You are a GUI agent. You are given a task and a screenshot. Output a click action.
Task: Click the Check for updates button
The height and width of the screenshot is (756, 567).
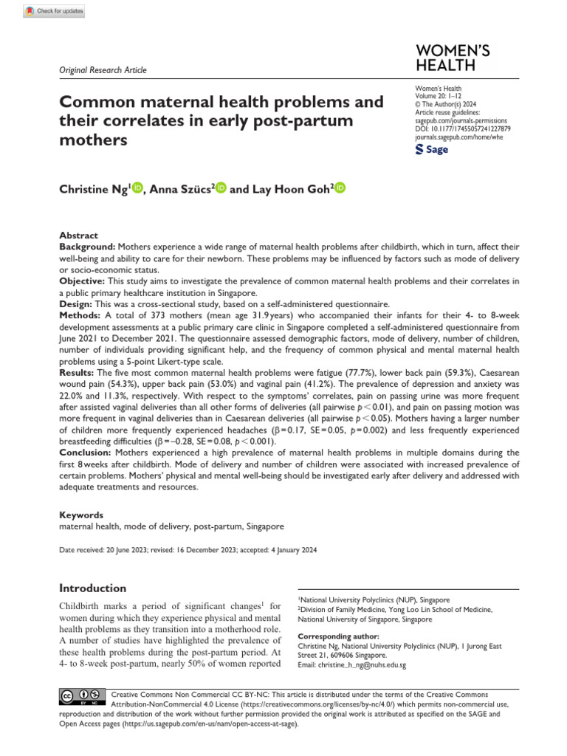pyautogui.click(x=55, y=11)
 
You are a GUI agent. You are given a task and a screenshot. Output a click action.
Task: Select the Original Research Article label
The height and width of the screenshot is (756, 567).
pyautogui.click(x=103, y=70)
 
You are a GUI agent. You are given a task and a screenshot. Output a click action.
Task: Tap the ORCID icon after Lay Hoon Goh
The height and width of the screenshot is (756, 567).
pyautogui.click(x=340, y=189)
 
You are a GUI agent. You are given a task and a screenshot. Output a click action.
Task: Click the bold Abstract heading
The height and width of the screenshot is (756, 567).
pyautogui.click(x=78, y=234)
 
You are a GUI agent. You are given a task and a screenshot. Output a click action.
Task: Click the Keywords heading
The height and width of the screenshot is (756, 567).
pyautogui.click(x=81, y=515)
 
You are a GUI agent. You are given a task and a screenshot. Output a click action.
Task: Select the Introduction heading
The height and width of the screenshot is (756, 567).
pyautogui.click(x=92, y=588)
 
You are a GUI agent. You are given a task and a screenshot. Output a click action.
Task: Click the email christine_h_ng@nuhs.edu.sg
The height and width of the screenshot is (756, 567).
pyautogui.click(x=351, y=664)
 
